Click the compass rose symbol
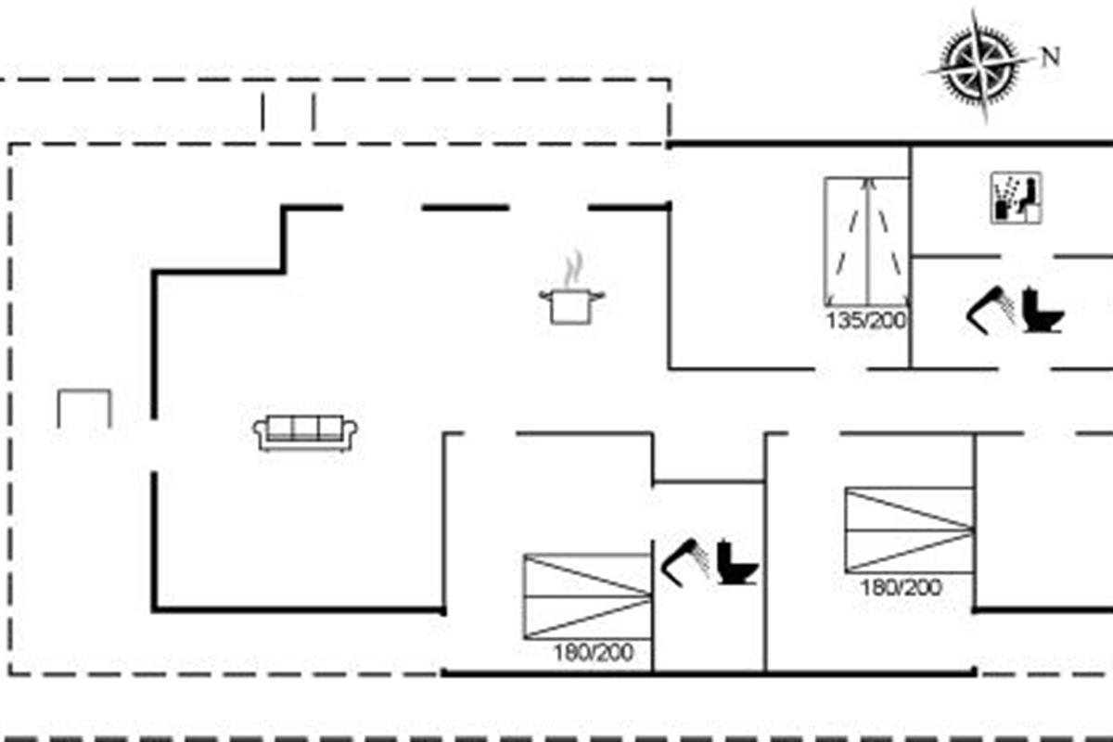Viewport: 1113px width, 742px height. (x=979, y=66)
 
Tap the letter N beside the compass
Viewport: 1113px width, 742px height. (x=1050, y=57)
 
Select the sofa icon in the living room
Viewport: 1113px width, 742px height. (x=305, y=433)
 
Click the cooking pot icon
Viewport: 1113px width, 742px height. (x=572, y=307)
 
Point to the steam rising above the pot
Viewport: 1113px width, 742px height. (x=574, y=268)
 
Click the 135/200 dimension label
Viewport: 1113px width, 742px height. (x=866, y=321)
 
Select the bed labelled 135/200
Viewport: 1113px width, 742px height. (x=866, y=241)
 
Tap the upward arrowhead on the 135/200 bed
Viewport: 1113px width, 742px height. (x=867, y=183)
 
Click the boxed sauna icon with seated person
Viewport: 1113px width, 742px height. (x=1017, y=198)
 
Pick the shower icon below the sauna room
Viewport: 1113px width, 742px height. (x=991, y=310)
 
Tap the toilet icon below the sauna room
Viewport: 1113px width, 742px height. (x=1043, y=312)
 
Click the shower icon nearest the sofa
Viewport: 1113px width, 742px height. (x=685, y=563)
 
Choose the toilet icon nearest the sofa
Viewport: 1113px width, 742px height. (x=738, y=562)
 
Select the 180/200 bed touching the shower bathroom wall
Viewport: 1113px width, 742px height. (x=587, y=596)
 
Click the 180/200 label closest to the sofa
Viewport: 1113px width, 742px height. (x=594, y=653)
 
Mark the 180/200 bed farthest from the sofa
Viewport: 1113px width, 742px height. (x=909, y=531)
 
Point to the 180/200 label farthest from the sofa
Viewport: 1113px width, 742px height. (x=902, y=588)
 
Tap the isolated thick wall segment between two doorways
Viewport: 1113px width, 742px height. (x=466, y=208)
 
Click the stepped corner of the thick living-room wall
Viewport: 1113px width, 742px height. (x=283, y=272)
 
